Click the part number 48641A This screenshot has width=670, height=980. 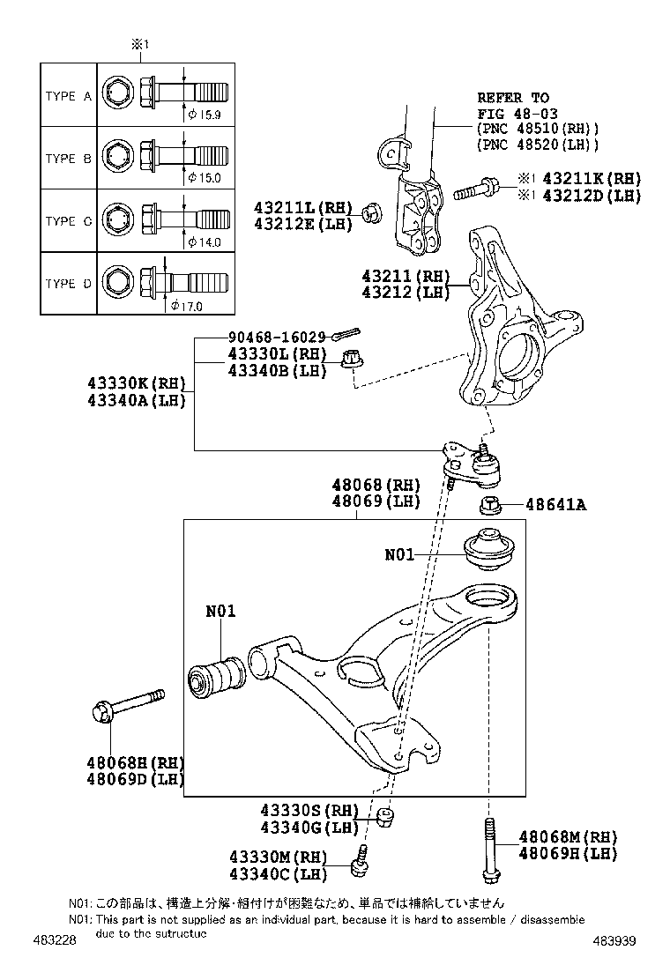pyautogui.click(x=556, y=505)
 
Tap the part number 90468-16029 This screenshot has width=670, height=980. pyautogui.click(x=277, y=338)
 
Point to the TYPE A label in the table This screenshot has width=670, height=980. pyautogui.click(x=68, y=97)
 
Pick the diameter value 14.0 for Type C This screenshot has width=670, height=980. pyautogui.click(x=204, y=241)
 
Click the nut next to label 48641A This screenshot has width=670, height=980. pyautogui.click(x=491, y=506)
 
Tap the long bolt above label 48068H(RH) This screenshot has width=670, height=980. pyautogui.click(x=127, y=705)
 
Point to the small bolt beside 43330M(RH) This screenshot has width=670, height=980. pyautogui.click(x=360, y=861)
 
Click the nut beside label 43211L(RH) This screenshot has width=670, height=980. pyautogui.click(x=371, y=212)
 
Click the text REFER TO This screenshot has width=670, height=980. pyautogui.click(x=513, y=98)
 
